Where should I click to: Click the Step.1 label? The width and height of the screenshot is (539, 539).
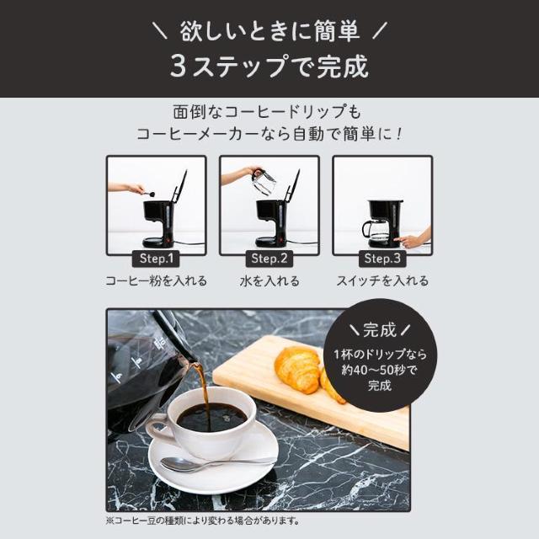click(x=157, y=259)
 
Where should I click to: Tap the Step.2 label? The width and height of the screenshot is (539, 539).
click(x=269, y=259)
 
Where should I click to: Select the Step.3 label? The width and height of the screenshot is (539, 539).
click(x=382, y=259)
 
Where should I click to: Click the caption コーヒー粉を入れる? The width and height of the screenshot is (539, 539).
click(x=157, y=281)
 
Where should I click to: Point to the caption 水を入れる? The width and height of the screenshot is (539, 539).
click(x=269, y=281)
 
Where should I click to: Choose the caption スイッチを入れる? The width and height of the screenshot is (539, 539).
click(x=382, y=281)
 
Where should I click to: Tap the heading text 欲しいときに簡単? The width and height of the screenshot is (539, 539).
click(x=269, y=31)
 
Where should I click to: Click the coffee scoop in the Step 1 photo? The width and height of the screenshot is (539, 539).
click(x=149, y=194)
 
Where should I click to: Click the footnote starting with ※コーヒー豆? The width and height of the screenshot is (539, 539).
click(x=203, y=520)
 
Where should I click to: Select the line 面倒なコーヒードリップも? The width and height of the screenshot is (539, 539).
click(x=269, y=111)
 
